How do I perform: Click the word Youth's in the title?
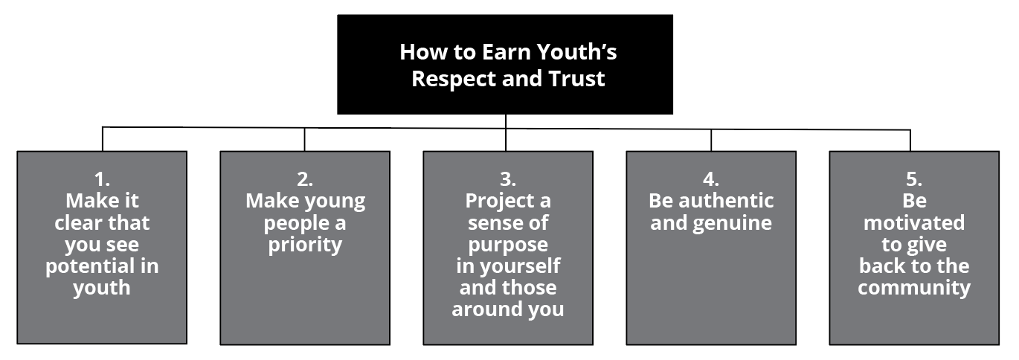click(x=576, y=52)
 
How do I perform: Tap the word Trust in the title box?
click(x=576, y=78)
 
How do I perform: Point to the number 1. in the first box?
click(x=102, y=179)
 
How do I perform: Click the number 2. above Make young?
click(x=305, y=179)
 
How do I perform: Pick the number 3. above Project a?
click(x=508, y=179)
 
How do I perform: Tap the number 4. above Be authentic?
click(x=710, y=179)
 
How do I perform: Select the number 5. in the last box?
click(x=914, y=179)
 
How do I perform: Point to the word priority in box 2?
click(x=305, y=245)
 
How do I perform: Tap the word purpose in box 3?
click(x=508, y=245)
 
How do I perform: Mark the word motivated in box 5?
click(x=914, y=222)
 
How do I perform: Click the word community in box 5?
click(x=914, y=289)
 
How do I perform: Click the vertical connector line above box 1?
click(x=103, y=139)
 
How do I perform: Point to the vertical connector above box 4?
click(x=711, y=140)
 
